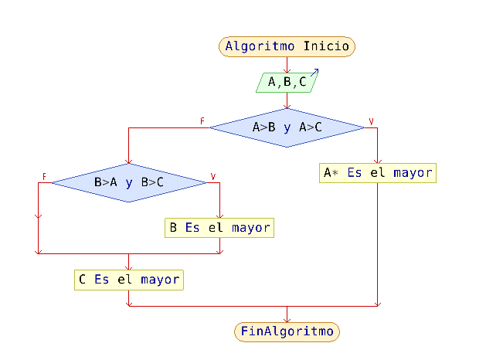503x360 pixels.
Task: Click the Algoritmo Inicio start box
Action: click(287, 46)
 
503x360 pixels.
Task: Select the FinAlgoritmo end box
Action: click(287, 332)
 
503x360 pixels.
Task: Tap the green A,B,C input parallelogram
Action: click(287, 81)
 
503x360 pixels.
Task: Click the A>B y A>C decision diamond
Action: click(287, 127)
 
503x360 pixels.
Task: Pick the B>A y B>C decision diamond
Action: click(129, 183)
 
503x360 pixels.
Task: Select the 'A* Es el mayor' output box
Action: click(378, 173)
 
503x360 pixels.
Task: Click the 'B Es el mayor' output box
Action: click(220, 228)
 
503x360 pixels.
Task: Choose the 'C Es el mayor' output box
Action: click(129, 280)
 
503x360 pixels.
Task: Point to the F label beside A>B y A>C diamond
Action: click(202, 121)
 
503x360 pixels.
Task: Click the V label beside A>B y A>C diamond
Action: click(371, 121)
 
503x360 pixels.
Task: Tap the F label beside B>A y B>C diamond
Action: click(45, 177)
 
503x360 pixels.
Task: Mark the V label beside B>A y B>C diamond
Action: click(213, 177)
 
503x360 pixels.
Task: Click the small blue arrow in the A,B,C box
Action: click(314, 73)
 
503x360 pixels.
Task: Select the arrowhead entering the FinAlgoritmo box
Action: click(287, 318)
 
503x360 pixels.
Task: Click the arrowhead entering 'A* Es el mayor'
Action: click(378, 159)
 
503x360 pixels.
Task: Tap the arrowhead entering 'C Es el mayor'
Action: click(129, 267)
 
